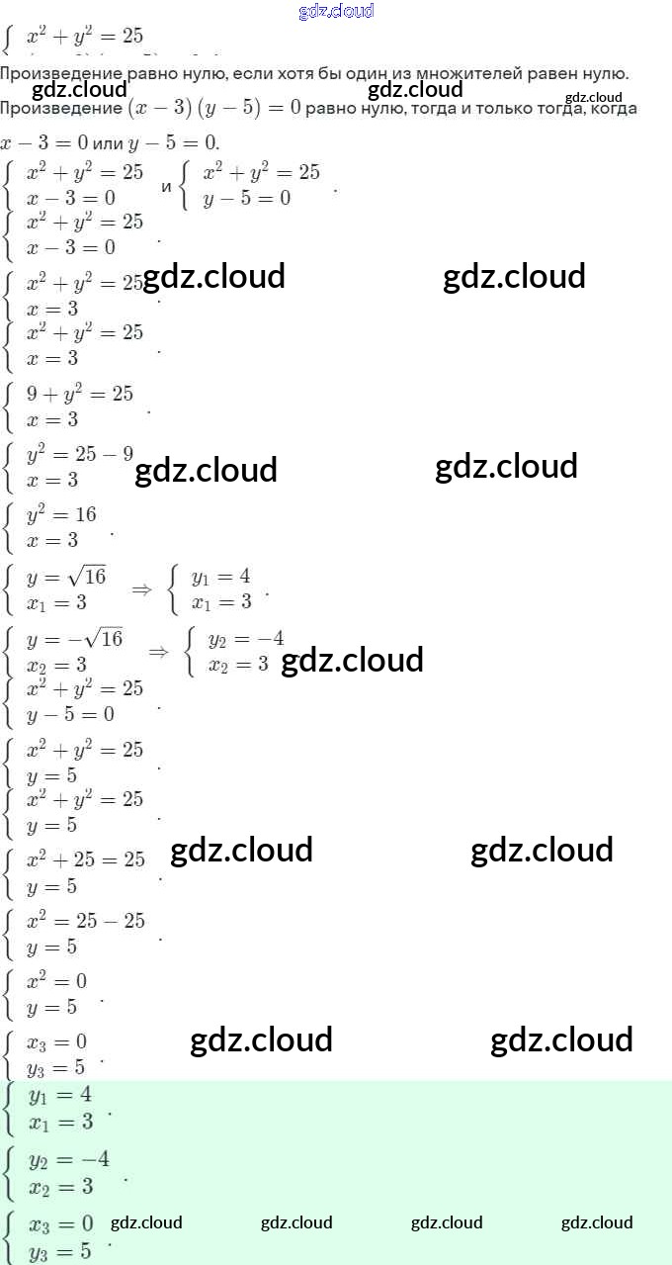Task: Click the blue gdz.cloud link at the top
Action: coord(336,11)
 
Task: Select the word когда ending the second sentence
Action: coord(614,108)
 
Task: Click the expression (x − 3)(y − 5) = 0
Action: coord(212,108)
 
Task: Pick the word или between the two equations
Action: coord(105,143)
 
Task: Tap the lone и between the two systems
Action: coord(166,186)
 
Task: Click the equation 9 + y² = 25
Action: coord(80,394)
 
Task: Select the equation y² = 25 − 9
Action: coord(80,455)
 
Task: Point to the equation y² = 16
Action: coord(61,515)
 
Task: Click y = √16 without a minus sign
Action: coord(66,577)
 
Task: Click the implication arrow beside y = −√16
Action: coord(158,651)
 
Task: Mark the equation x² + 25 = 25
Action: coord(86,859)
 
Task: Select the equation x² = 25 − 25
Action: coord(86,921)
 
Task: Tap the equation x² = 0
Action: coord(56,981)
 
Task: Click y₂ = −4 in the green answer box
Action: coord(69,1159)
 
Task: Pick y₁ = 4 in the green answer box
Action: coord(60,1095)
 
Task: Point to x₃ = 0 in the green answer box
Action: coord(61,1224)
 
